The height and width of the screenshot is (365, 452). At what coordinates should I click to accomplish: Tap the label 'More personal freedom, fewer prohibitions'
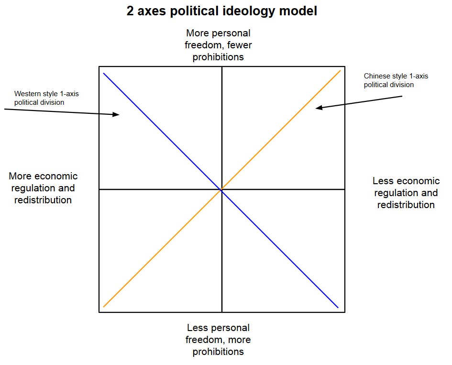[x=218, y=45]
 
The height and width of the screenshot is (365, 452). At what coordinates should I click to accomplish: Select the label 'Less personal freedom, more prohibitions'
[x=218, y=340]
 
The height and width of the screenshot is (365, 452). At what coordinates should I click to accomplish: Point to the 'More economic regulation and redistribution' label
[x=43, y=188]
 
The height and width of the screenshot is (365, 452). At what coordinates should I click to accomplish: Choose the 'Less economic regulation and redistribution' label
[x=406, y=193]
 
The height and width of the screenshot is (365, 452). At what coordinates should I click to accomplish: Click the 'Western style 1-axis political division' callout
[x=46, y=98]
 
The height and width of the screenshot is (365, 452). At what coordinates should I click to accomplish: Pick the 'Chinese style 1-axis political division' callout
[x=389, y=80]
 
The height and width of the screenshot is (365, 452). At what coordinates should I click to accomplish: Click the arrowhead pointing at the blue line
[x=116, y=114]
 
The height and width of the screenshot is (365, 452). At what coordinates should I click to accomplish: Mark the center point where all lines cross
[x=221, y=189]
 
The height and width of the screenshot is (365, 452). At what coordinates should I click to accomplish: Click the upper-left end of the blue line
[x=104, y=73]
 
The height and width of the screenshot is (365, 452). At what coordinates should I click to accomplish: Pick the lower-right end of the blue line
[x=338, y=307]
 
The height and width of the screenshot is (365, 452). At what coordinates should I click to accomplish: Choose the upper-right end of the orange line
[x=340, y=71]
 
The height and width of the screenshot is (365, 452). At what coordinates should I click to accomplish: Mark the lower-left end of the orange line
[x=104, y=307]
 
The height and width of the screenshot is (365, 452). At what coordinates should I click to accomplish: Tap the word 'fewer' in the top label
[x=239, y=45]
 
